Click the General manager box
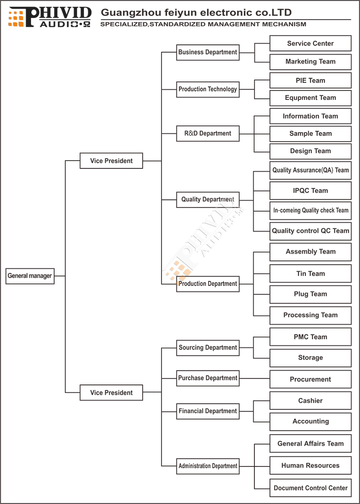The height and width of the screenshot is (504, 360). [x=30, y=276]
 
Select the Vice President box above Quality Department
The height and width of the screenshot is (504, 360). [x=111, y=161]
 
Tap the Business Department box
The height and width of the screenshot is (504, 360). [x=208, y=53]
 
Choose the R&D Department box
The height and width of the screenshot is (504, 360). [x=208, y=133]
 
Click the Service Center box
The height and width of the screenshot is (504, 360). [x=311, y=43]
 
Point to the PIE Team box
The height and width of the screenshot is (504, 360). [x=311, y=80]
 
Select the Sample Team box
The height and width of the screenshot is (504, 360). [x=311, y=134]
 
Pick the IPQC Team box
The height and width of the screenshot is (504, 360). [x=311, y=190]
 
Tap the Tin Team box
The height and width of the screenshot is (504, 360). [x=311, y=273]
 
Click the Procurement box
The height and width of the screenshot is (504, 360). [x=311, y=379]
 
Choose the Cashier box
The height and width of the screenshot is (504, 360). [x=311, y=400]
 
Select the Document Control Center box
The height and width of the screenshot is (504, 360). [x=311, y=488]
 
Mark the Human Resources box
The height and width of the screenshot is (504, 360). [x=311, y=465]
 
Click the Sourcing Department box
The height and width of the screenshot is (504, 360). [x=208, y=348]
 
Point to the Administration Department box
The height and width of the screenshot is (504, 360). [x=208, y=466]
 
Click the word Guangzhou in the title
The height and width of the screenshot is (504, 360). [x=131, y=13]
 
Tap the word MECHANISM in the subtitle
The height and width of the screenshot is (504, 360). [x=284, y=24]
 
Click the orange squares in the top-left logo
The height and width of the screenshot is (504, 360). [x=16, y=19]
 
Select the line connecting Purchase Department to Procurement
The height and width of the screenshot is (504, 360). [x=255, y=378]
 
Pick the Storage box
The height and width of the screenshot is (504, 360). [x=311, y=358]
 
